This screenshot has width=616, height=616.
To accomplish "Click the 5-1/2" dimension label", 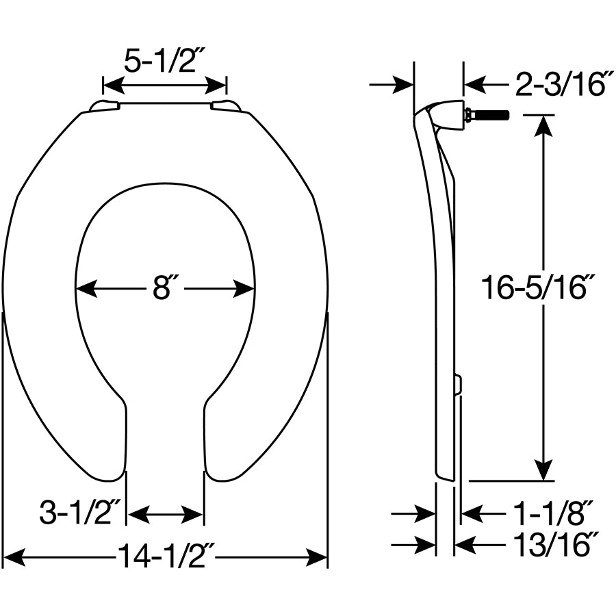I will coord(164,62).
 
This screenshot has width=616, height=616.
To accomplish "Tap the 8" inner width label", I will coord(162,289).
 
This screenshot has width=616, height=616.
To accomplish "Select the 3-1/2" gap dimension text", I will coord(80,513).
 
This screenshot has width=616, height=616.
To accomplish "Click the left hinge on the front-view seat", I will coord(105,105).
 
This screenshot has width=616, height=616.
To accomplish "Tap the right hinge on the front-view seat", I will coord(225,105).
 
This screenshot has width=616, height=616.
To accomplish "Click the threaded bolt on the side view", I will coord(487,114).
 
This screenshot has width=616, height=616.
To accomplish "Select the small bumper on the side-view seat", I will coord(458,385).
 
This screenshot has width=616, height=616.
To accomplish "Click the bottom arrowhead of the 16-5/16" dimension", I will coord(543,470).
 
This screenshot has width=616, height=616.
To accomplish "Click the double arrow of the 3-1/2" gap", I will coord(165,513).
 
